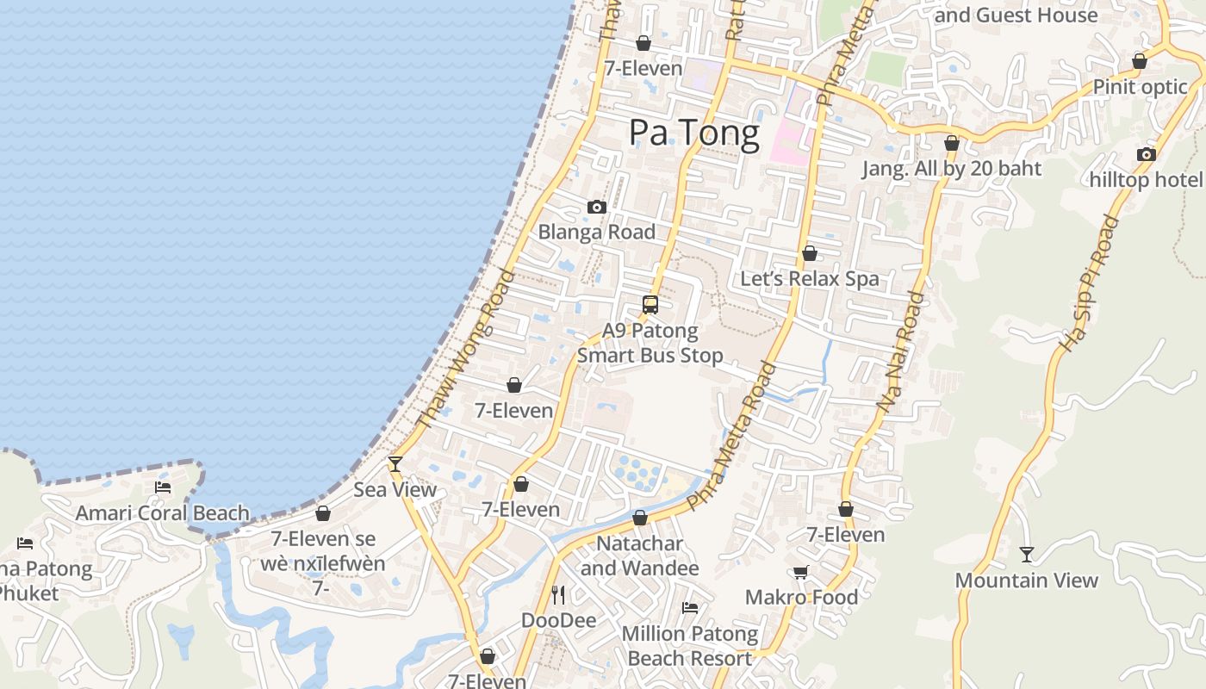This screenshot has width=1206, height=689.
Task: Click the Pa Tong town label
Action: pyautogui.click(x=693, y=133)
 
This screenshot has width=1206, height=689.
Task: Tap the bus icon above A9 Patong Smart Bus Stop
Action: pyautogui.click(x=650, y=304)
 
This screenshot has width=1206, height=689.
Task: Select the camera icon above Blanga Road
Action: pyautogui.click(x=596, y=207)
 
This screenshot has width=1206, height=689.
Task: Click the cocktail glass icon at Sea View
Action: pyautogui.click(x=395, y=463)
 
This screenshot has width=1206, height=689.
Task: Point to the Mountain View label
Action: pyautogui.click(x=1026, y=580)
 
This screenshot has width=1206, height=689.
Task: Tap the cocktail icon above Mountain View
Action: pyautogui.click(x=1026, y=554)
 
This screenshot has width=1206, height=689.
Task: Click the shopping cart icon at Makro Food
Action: pyautogui.click(x=801, y=572)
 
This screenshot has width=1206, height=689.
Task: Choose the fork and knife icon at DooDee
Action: pyautogui.click(x=558, y=594)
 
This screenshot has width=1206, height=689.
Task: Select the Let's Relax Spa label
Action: pyautogui.click(x=810, y=279)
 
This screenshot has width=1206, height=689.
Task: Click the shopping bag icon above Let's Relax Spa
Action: pyautogui.click(x=810, y=253)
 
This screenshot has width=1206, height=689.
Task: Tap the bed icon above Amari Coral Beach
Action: pyautogui.click(x=163, y=487)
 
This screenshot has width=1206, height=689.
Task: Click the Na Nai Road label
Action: pyautogui.click(x=901, y=351)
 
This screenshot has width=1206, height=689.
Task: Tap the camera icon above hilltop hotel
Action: pyautogui.click(x=1146, y=154)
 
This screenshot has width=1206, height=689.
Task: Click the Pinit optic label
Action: pyautogui.click(x=1140, y=87)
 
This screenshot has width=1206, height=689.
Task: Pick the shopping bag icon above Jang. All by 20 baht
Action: pyautogui.click(x=952, y=143)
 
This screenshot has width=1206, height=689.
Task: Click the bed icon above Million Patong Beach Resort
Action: pyautogui.click(x=690, y=608)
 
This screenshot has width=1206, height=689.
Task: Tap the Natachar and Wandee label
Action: pyautogui.click(x=639, y=556)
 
